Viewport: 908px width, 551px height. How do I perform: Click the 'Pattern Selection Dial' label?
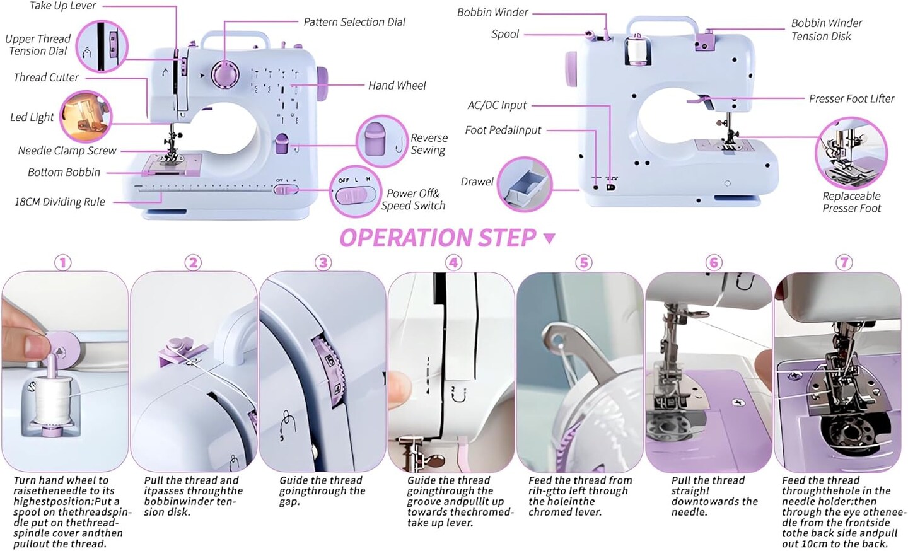354,22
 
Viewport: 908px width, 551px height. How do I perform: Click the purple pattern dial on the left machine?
225,74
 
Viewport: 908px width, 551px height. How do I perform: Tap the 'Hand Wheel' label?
397,85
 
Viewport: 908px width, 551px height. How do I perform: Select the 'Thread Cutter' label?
46,78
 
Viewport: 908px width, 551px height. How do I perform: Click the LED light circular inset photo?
86,116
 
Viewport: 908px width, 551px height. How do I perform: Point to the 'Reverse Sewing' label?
428,144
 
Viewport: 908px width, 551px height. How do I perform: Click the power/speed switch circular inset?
356,192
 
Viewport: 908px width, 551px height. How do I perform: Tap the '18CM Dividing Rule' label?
59,202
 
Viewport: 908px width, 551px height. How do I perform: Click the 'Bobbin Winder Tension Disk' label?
825,30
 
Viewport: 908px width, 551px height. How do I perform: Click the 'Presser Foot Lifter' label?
851,98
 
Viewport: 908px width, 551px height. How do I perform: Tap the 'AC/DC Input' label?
496,105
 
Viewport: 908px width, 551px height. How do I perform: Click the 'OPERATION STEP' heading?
438,238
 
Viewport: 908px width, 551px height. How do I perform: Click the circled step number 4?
453,262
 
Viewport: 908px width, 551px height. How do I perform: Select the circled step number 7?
844,262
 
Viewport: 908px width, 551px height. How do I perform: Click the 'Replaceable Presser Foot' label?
851,202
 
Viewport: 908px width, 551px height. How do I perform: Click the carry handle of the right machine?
662,23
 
